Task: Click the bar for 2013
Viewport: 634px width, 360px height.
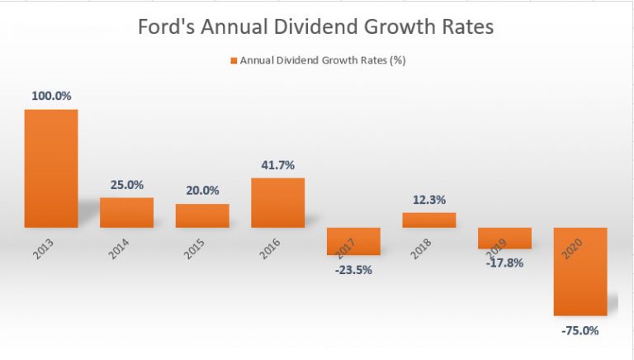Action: (x=50, y=168)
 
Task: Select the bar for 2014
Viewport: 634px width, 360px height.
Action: (x=126, y=212)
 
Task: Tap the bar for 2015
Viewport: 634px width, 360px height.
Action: (x=201, y=216)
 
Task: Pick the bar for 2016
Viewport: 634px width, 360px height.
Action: (x=277, y=202)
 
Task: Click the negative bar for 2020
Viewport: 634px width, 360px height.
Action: (x=580, y=272)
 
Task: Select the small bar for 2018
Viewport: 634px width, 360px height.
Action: (x=428, y=220)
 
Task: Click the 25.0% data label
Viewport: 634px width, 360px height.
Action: (x=126, y=186)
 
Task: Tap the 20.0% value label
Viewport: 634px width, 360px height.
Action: (x=202, y=191)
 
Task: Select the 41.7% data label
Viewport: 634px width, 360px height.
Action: (x=277, y=165)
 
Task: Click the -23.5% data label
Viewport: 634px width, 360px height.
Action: (x=352, y=268)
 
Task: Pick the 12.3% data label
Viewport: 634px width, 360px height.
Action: (x=428, y=200)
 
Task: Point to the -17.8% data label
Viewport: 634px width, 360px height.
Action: (x=504, y=262)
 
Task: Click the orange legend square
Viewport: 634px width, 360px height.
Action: (x=234, y=60)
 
